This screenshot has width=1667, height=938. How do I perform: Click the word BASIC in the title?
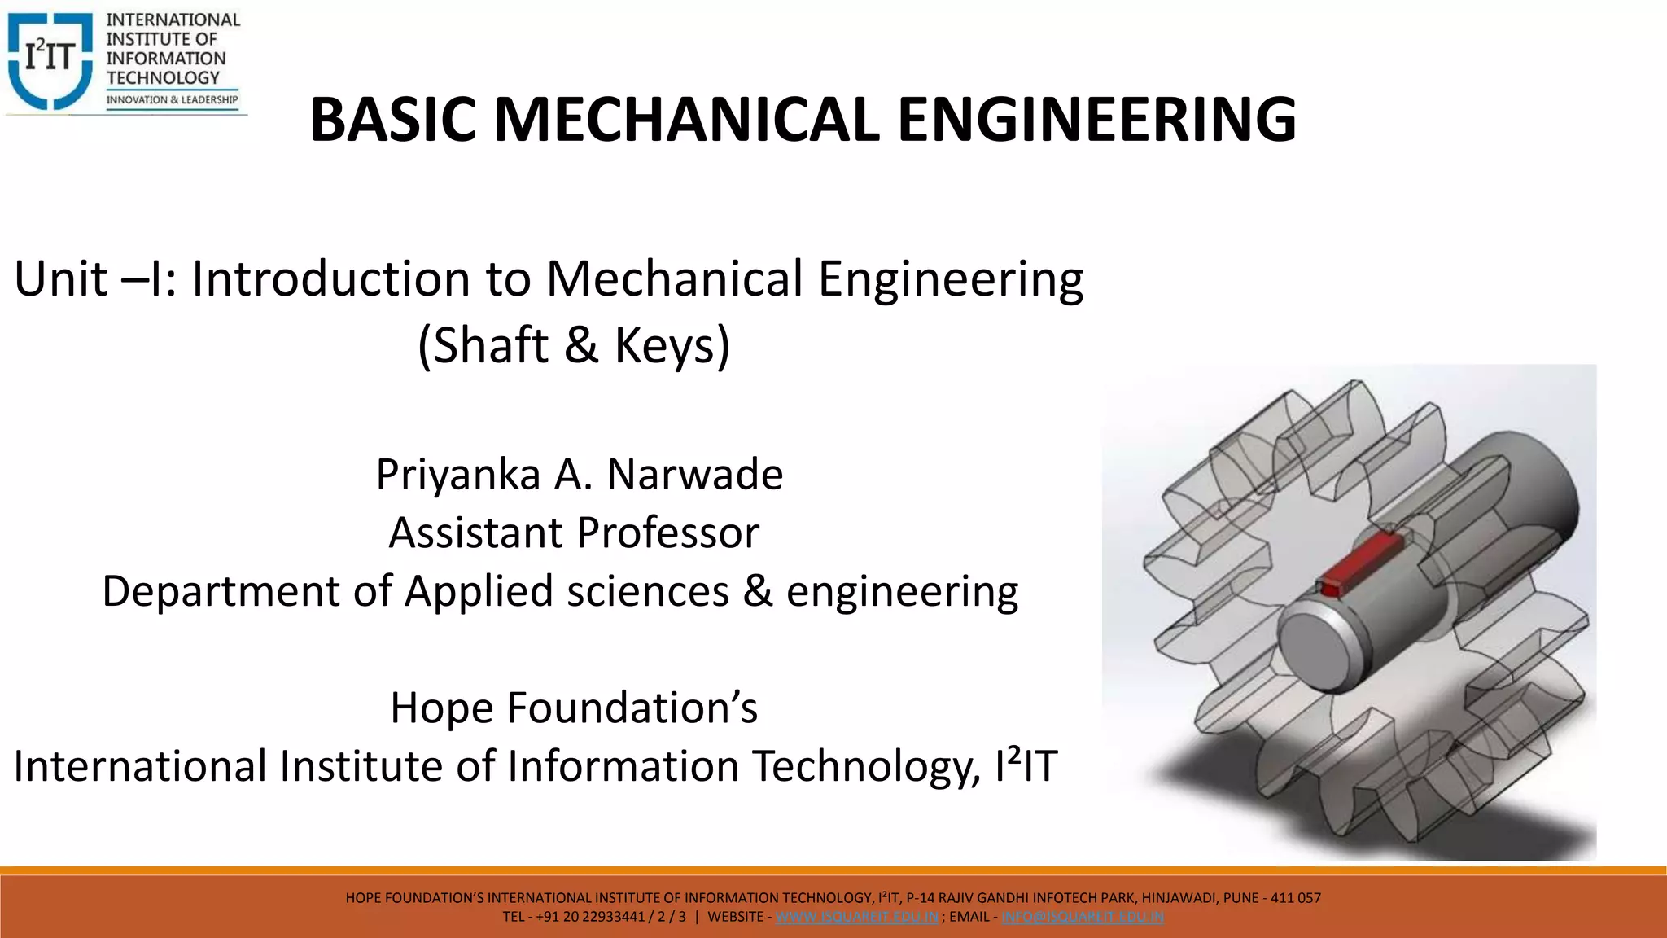(x=393, y=120)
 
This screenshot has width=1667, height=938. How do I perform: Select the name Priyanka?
(x=457, y=475)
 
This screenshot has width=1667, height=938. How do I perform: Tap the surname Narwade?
(x=694, y=475)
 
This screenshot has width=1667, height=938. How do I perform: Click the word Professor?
(x=667, y=533)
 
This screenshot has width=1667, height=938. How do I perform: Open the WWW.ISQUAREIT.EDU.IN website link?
(x=856, y=917)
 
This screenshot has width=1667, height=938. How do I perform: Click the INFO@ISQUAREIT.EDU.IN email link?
(x=1083, y=917)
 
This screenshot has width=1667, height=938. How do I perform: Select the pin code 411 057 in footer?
(x=1296, y=898)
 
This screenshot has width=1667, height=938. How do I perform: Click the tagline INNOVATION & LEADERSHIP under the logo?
(x=172, y=100)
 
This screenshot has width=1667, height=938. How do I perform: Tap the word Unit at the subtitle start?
(x=61, y=279)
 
